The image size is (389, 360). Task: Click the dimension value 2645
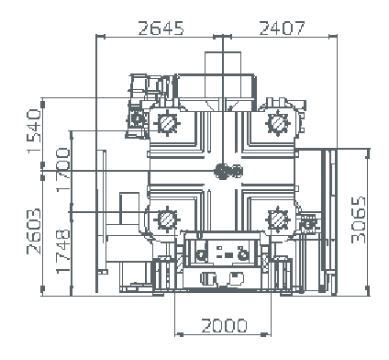161,28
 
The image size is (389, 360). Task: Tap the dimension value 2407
282,28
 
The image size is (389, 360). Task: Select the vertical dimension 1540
34,131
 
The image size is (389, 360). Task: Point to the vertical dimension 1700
63,169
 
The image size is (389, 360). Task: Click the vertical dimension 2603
34,231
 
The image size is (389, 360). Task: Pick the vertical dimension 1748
63,251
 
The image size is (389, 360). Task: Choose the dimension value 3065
359,219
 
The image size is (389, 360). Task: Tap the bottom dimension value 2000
224,326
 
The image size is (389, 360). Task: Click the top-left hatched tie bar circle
167,123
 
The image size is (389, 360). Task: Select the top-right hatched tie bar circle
277,123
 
